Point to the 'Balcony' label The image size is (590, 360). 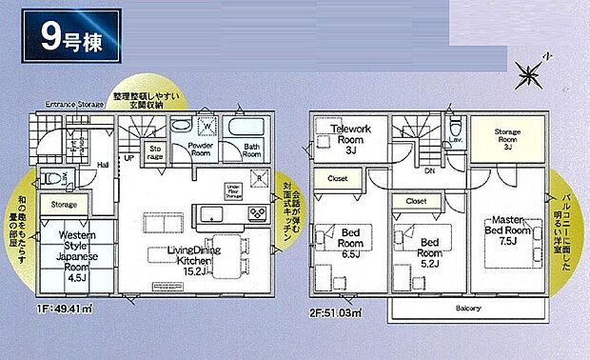pyautogui.click(x=466, y=309)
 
